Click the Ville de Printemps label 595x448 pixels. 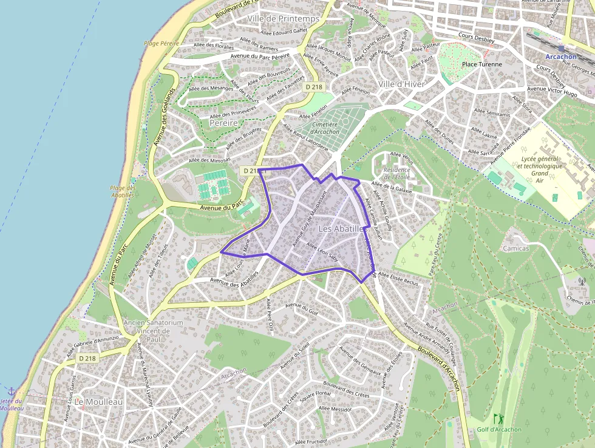point(283,19)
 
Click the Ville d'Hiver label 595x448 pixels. point(402,83)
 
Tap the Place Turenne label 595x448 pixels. point(482,64)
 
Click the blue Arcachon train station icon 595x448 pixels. point(562,48)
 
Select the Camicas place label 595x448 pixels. point(515,248)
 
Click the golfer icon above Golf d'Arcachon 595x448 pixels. point(498,419)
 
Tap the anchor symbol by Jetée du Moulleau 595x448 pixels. point(11,391)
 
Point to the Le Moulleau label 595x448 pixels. point(98,402)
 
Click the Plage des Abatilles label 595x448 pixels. point(123,191)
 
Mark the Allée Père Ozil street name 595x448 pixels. point(271,316)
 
